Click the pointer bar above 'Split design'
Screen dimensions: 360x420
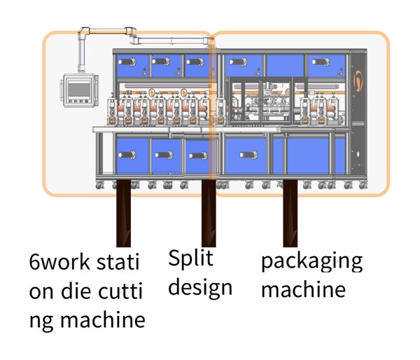pyautogui.click(x=208, y=214)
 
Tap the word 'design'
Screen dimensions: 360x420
pyautogui.click(x=199, y=287)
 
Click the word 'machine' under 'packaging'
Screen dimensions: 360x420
pyautogui.click(x=303, y=289)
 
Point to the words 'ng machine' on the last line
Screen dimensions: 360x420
pyautogui.click(x=87, y=320)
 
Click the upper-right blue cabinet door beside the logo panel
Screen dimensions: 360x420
pyautogui.click(x=326, y=64)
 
